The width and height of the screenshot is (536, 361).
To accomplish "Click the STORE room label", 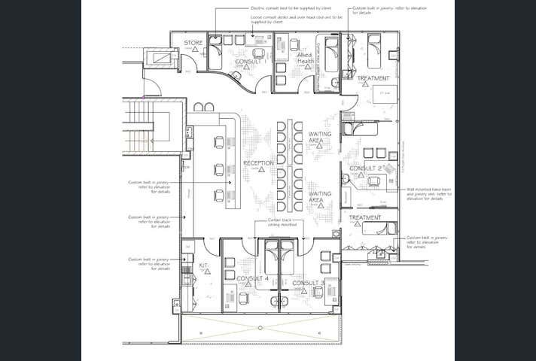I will point(193,43).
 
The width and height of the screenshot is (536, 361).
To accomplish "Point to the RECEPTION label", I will point(258,162).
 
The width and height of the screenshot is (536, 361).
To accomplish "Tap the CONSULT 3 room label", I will point(308,283).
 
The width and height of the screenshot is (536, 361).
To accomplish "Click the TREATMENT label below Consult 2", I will point(364,218).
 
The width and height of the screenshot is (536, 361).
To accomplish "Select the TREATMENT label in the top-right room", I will point(373,78).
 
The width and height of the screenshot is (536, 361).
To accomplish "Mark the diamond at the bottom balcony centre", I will point(260,328).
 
